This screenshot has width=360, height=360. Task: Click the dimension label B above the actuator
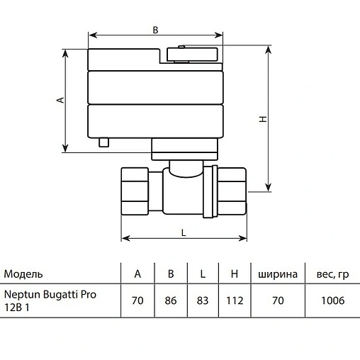point(155,30)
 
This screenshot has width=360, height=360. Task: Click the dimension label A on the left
point(60,100)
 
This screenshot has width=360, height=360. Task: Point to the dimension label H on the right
point(262,120)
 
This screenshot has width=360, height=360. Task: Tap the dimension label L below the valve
point(184,232)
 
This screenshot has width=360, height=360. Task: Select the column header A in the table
point(137,274)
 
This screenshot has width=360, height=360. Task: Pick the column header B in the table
point(170,274)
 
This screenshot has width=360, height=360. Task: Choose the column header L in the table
point(203,274)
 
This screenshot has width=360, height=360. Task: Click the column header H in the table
point(234,274)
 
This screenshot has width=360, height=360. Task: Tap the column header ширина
point(277,274)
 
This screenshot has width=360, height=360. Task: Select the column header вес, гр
point(327,274)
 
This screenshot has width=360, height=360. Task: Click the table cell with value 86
point(170,300)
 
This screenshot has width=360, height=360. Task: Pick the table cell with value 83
point(203,300)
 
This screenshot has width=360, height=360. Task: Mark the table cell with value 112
point(234,300)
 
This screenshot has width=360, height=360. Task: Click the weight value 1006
point(327,300)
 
